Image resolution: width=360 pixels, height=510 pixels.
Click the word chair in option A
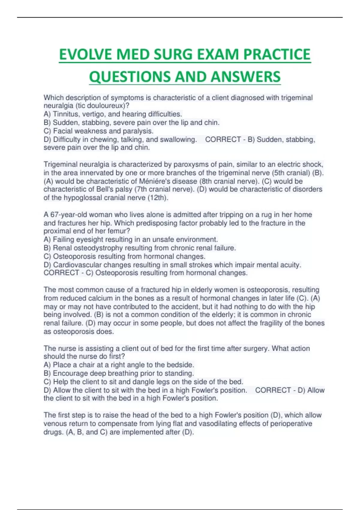click(85, 365)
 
